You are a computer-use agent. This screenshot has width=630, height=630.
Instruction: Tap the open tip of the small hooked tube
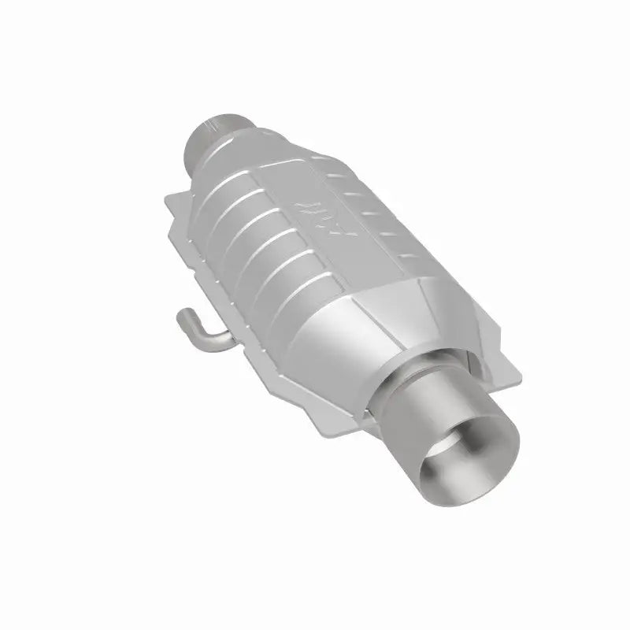[180, 316]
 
